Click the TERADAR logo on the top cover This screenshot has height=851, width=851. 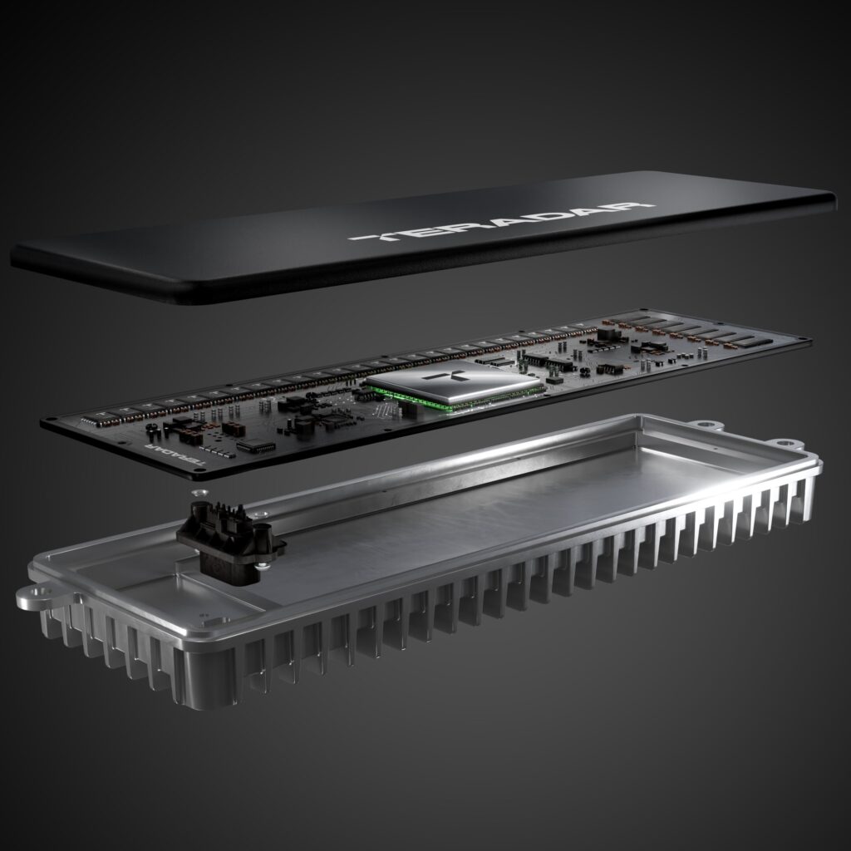(502, 221)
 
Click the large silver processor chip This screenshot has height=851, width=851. (453, 385)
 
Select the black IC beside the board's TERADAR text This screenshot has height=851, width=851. (255, 447)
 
